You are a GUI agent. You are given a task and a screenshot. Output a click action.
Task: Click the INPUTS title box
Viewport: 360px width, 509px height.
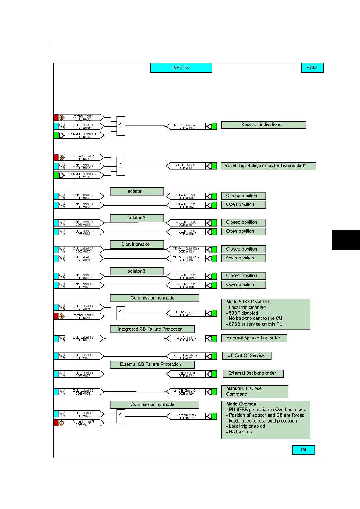click(x=181, y=68)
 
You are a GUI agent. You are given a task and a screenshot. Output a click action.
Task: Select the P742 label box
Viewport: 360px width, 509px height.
click(x=312, y=68)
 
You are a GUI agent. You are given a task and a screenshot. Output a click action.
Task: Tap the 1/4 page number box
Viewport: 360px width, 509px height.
click(x=303, y=450)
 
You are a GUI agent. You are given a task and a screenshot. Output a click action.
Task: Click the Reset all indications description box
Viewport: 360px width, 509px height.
click(x=263, y=125)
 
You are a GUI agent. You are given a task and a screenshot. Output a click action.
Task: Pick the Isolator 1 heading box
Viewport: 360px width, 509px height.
click(x=137, y=191)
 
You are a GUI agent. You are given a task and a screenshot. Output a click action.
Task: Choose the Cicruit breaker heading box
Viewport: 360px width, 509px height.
click(x=137, y=245)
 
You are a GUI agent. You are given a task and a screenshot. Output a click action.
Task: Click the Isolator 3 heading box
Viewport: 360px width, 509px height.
click(x=137, y=271)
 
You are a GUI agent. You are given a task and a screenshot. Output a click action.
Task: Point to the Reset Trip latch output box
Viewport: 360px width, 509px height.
click(x=186, y=166)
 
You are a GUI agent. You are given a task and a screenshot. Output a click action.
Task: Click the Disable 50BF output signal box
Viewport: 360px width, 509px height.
click(x=186, y=313)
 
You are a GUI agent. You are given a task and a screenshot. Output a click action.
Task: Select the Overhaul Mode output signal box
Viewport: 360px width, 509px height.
click(x=186, y=417)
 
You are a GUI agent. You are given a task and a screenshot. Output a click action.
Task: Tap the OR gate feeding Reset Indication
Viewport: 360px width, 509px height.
click(x=121, y=126)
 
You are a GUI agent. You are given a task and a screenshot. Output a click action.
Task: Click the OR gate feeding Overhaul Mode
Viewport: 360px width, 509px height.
click(x=121, y=416)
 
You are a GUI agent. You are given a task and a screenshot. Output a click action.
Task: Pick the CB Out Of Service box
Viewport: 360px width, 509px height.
click(x=247, y=356)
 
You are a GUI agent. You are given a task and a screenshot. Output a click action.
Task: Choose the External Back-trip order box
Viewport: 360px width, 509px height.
click(x=253, y=374)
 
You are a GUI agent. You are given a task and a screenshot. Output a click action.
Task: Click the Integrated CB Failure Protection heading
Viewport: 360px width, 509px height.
click(x=152, y=329)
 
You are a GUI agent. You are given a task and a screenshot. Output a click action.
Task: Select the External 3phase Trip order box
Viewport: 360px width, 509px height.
click(x=254, y=338)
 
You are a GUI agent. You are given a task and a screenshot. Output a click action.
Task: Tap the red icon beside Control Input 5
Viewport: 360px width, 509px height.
click(x=56, y=423)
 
